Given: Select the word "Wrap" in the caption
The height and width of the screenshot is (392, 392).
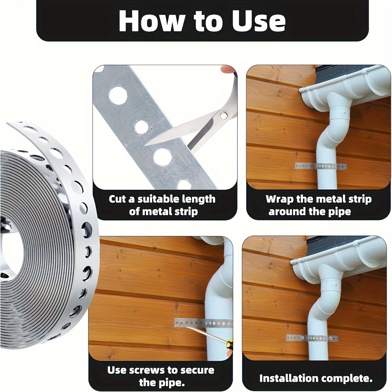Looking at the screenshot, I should pyautogui.click(x=279, y=199).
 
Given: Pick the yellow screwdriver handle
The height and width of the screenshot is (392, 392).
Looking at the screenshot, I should pyautogui.click(x=230, y=346).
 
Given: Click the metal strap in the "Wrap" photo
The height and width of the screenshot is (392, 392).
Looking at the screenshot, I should pyautogui.click(x=321, y=166).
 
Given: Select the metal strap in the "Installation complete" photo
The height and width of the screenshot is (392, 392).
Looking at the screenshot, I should pyautogui.click(x=312, y=338).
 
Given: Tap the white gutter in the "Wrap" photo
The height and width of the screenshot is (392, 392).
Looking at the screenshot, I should pyautogui.click(x=345, y=84).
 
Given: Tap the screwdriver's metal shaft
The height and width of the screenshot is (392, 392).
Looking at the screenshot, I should pyautogui.click(x=204, y=333).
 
